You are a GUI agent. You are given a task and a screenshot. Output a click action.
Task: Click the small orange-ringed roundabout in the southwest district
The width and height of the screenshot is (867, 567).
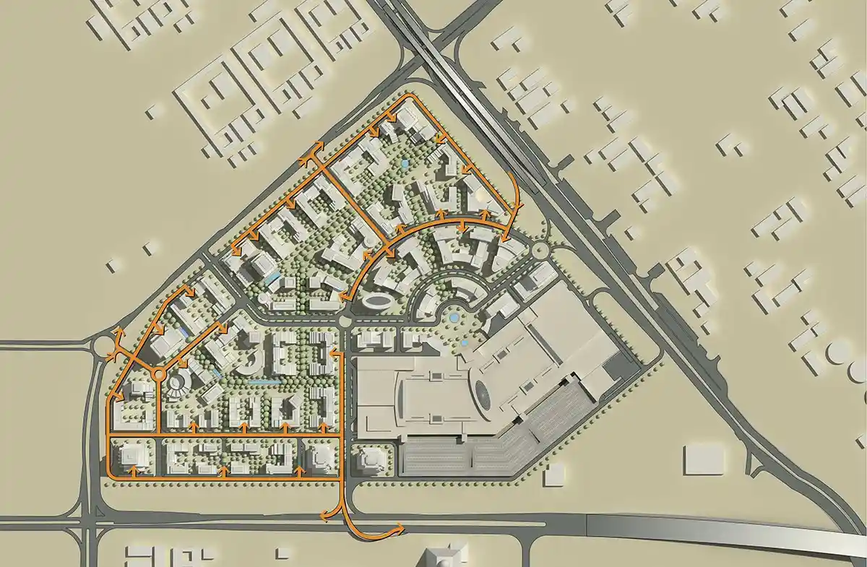coord(158,373)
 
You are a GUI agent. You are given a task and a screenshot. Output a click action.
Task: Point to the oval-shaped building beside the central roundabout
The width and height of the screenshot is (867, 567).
coord(376,300)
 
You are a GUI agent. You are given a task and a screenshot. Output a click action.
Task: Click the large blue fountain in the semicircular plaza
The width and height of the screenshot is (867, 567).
coord(454,316)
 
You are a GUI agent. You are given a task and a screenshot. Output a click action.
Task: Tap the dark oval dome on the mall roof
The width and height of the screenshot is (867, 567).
coord(483,394)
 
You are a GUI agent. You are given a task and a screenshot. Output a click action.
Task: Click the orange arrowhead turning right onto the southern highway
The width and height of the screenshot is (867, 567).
coord(400,529)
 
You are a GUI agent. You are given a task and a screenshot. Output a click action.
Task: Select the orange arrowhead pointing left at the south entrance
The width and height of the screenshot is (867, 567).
coord(323,515)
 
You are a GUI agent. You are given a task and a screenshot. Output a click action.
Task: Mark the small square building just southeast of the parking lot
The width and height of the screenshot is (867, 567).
coord(554,474)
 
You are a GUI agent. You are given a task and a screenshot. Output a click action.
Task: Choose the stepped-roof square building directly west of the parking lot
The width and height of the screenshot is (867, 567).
coord(371,460)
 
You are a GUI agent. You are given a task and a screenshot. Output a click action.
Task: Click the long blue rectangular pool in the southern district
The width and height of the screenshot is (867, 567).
coord(262,380)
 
